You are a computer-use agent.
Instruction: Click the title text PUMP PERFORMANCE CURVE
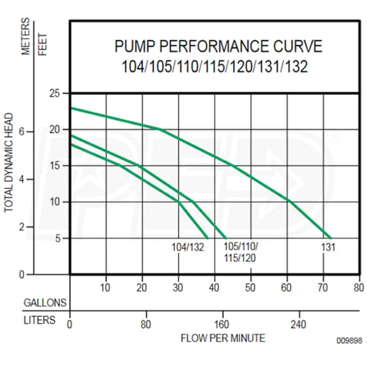tap(218, 47)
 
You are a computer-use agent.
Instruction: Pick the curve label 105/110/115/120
tap(241, 252)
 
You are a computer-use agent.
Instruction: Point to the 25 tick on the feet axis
tap(55, 94)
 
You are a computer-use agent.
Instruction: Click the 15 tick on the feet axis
tap(55, 166)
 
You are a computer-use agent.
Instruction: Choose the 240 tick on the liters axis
tap(297, 324)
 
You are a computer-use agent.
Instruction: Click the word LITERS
tap(39, 320)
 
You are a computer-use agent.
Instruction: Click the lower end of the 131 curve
tap(330, 238)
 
